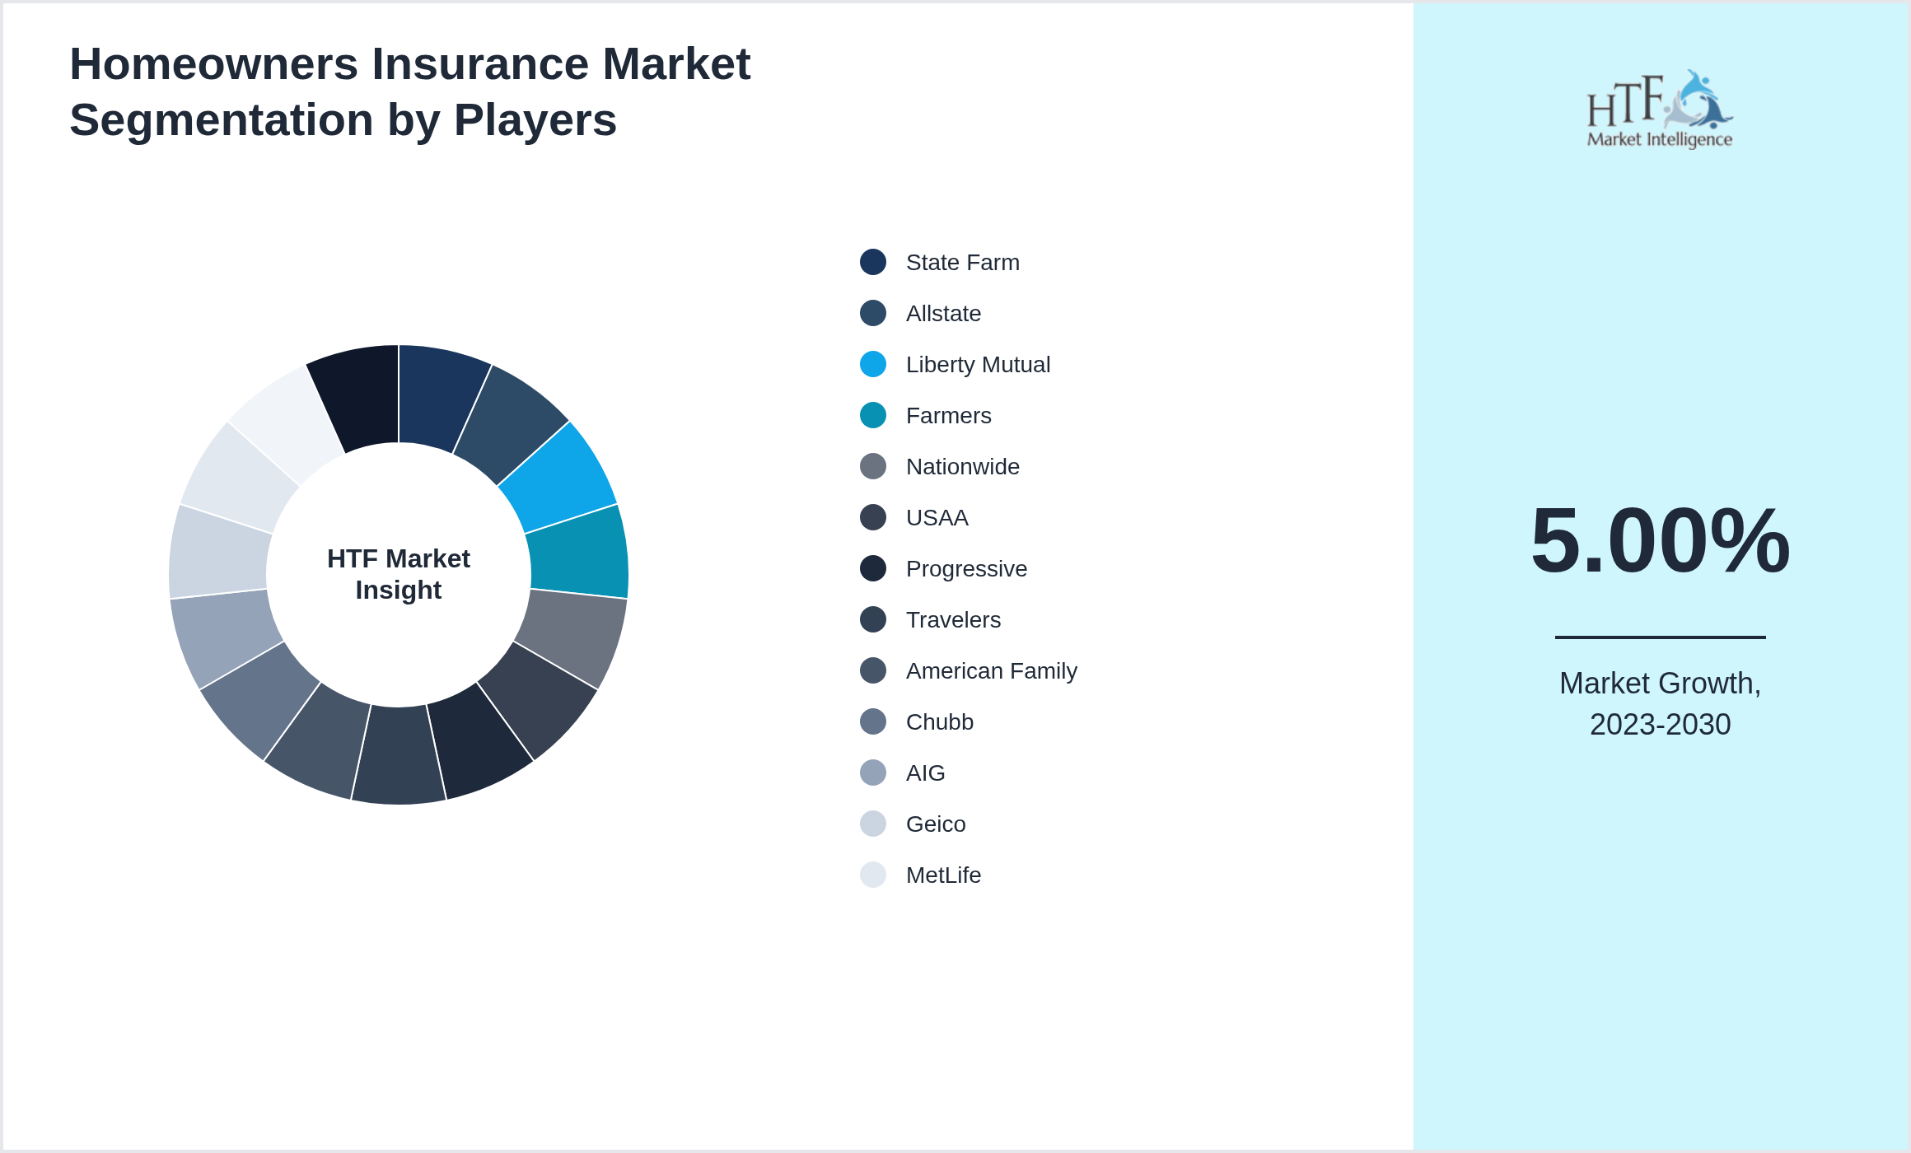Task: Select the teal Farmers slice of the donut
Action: click(x=578, y=552)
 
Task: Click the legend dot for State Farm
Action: click(x=873, y=262)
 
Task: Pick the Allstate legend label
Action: click(x=943, y=314)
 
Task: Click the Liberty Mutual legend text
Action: click(x=978, y=365)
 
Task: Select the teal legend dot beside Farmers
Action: click(x=873, y=415)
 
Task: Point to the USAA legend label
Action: click(x=937, y=518)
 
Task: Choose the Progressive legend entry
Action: click(x=966, y=569)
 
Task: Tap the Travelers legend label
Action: click(x=953, y=620)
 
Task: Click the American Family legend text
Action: click(x=991, y=671)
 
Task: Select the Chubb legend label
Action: click(x=939, y=722)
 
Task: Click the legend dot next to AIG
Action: click(x=873, y=773)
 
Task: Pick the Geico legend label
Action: click(x=936, y=824)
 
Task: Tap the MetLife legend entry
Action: click(x=943, y=875)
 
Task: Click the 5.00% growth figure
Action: click(x=1660, y=541)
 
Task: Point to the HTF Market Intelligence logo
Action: click(x=1660, y=110)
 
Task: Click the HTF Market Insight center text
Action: click(x=399, y=574)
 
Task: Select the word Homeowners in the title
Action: click(x=214, y=64)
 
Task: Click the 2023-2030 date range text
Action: click(x=1660, y=725)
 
